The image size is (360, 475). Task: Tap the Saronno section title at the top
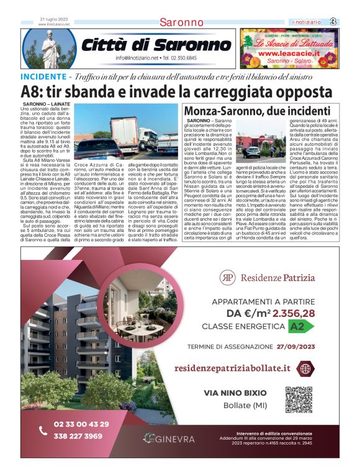point(181,22)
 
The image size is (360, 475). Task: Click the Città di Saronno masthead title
point(156,45)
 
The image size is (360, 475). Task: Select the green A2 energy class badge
point(297,326)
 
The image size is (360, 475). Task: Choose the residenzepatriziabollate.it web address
point(232,368)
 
